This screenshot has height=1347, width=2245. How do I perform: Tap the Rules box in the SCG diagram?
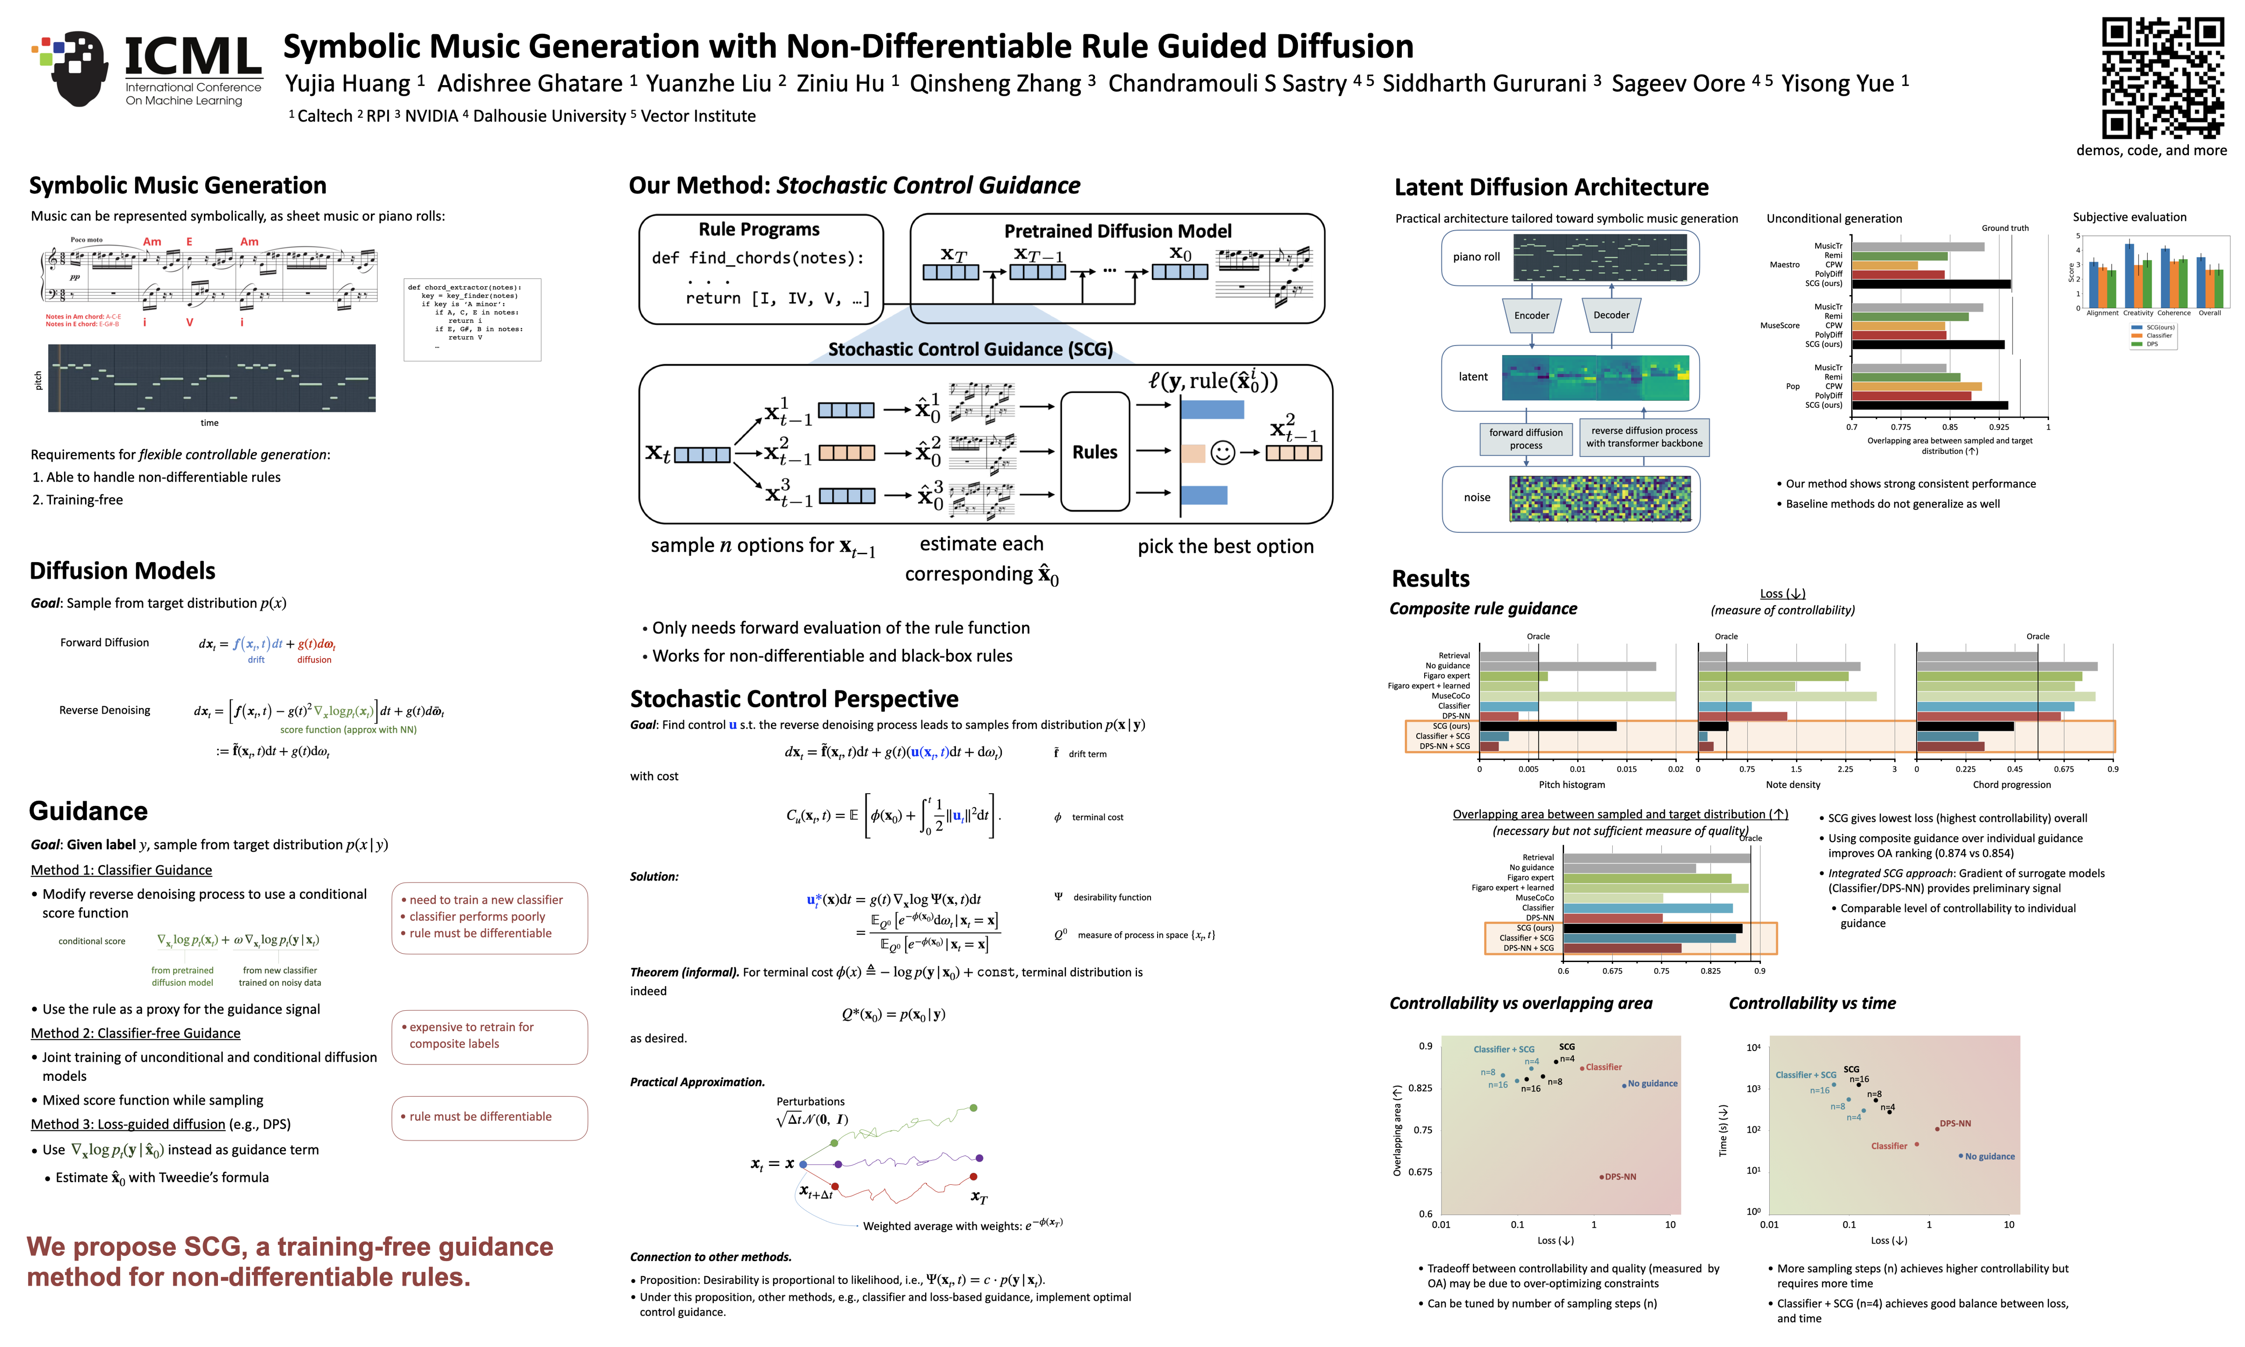[x=1094, y=452]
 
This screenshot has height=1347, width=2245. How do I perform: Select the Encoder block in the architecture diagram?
[x=1532, y=315]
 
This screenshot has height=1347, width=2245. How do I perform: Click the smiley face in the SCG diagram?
[x=1222, y=452]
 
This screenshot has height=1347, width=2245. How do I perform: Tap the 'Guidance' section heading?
[x=88, y=811]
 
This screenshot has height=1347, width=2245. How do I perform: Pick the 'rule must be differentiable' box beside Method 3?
[x=489, y=1116]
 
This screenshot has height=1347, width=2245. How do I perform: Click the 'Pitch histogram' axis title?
[x=1571, y=784]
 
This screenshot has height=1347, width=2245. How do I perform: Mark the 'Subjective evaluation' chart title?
[x=2129, y=217]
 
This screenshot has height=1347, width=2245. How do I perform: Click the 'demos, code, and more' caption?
[x=2151, y=151]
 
